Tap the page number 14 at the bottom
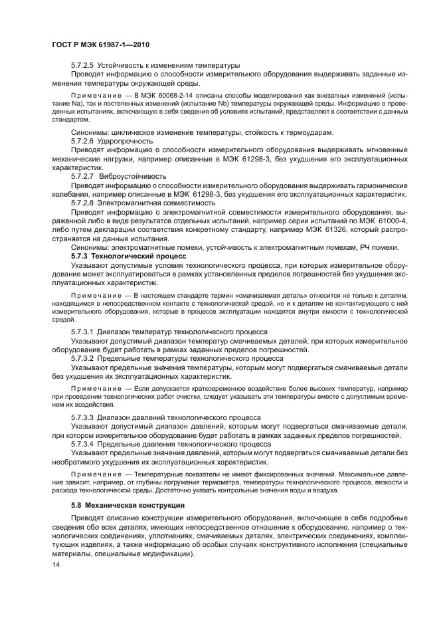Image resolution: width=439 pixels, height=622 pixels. [56, 564]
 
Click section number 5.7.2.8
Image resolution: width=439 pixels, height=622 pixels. [83, 202]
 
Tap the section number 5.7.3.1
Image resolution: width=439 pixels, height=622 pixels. [83, 330]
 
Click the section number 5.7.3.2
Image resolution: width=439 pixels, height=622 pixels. [83, 357]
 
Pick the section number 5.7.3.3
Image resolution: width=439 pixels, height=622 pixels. [83, 417]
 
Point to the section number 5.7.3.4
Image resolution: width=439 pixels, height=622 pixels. [83, 443]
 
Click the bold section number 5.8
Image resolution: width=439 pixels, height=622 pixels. [77, 506]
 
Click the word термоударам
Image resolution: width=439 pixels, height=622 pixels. [308, 132]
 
